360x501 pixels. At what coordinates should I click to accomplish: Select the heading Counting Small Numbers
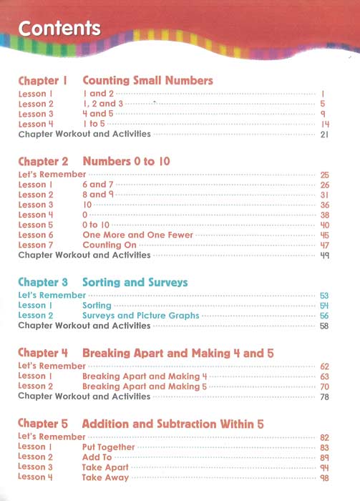(x=148, y=81)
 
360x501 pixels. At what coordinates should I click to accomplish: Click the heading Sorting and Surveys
(x=135, y=283)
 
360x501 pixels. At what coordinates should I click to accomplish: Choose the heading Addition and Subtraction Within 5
(x=173, y=424)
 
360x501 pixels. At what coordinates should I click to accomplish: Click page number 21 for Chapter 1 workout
(x=324, y=134)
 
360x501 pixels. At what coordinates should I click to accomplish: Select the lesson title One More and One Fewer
(x=137, y=235)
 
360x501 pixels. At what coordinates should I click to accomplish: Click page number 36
(x=324, y=205)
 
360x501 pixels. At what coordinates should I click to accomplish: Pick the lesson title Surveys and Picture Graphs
(x=140, y=315)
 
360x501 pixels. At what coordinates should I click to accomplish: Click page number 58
(x=324, y=326)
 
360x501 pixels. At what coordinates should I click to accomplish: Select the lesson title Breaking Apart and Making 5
(x=145, y=386)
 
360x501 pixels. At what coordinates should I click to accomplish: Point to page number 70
(x=324, y=386)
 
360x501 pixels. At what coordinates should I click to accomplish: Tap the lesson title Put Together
(x=108, y=447)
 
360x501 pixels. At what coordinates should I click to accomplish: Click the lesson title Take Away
(x=105, y=477)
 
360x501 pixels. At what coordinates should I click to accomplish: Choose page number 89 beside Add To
(x=324, y=457)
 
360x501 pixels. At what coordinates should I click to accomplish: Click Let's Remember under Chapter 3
(x=52, y=295)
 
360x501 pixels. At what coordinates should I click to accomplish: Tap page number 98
(x=324, y=477)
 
